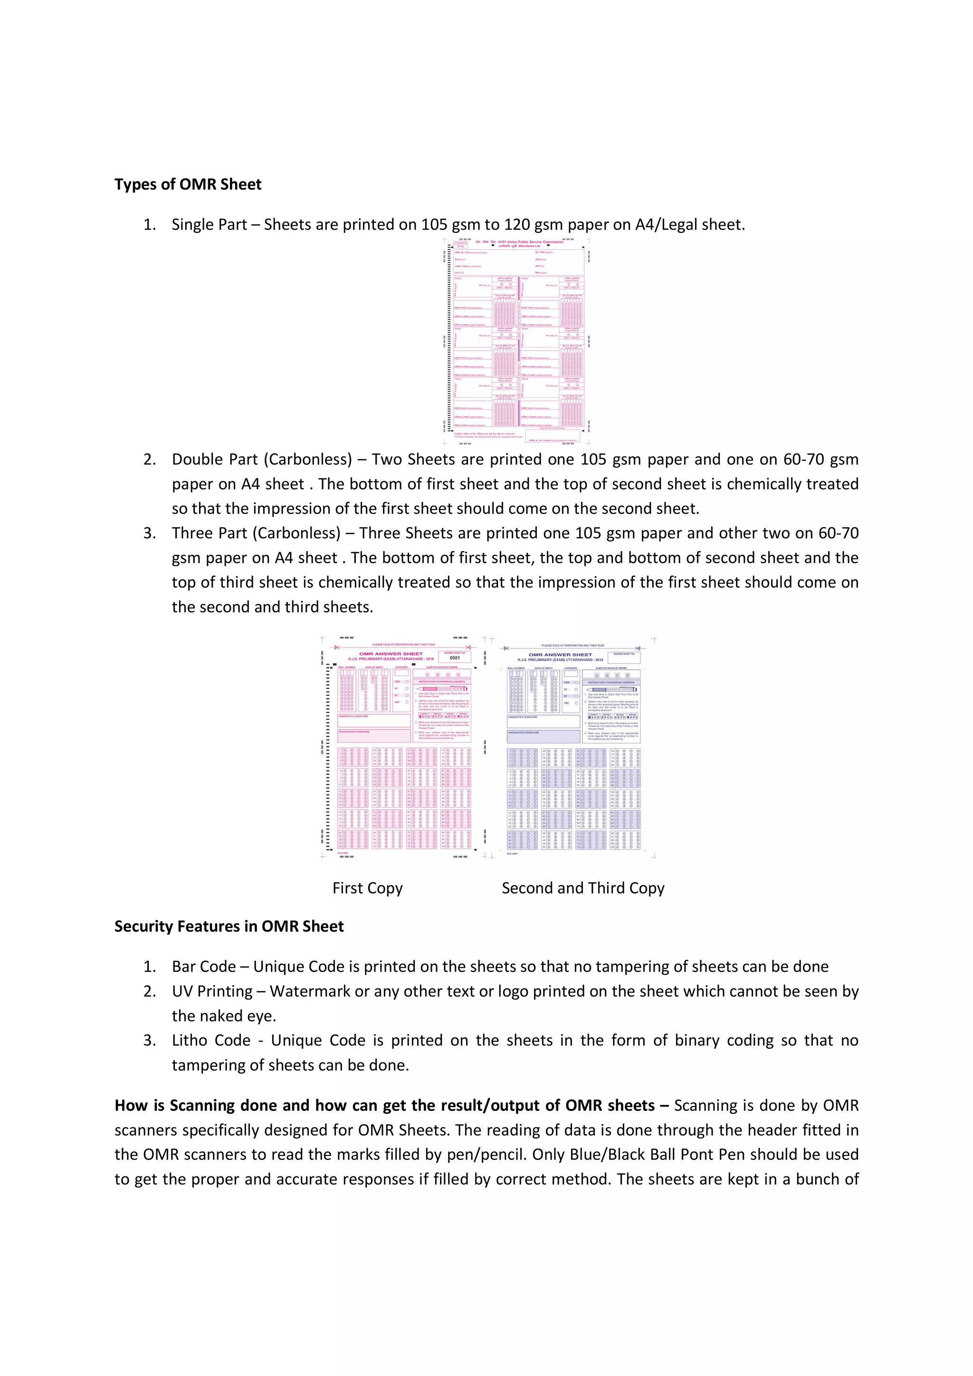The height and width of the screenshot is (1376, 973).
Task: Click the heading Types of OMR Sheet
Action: click(x=188, y=184)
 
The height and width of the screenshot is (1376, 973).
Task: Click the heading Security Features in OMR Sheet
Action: click(x=229, y=926)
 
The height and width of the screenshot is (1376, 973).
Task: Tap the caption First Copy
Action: click(x=367, y=888)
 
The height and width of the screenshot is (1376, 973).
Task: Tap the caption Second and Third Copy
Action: click(x=583, y=888)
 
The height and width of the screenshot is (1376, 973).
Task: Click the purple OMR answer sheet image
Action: click(x=572, y=749)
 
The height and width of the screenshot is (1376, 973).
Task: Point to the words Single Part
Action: click(x=209, y=225)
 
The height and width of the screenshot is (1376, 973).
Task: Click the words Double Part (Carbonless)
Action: click(x=262, y=459)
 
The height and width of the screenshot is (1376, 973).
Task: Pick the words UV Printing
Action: click(x=212, y=991)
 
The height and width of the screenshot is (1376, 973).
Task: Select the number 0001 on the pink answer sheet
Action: click(x=455, y=658)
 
